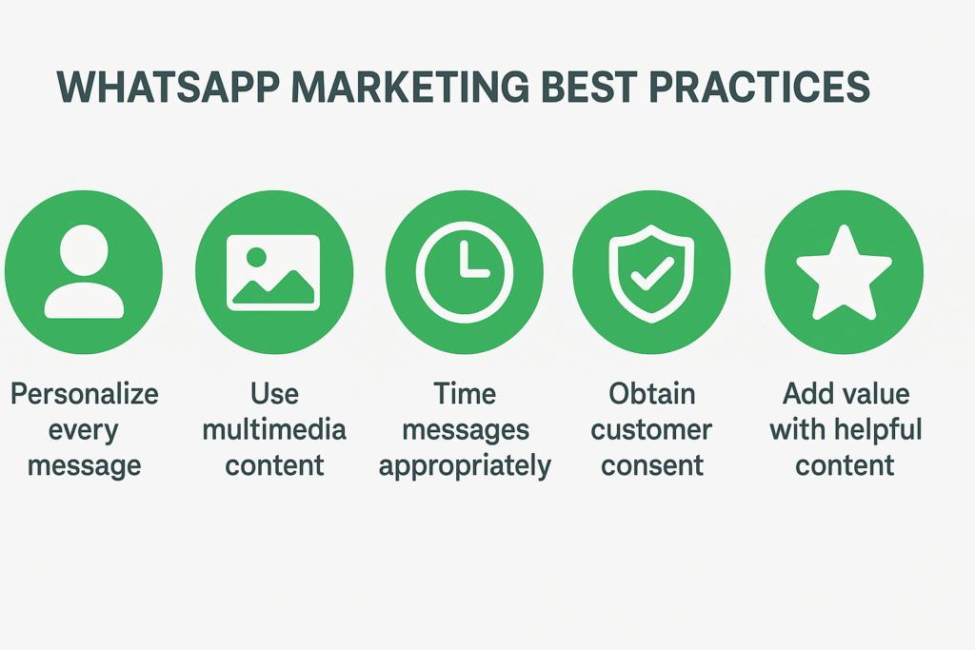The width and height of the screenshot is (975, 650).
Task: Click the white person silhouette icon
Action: point(84,272)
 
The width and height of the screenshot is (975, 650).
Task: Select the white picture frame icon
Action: point(273,272)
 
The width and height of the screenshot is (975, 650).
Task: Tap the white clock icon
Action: point(465,272)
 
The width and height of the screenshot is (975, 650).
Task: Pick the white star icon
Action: point(844,272)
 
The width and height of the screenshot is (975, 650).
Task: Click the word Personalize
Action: point(84,395)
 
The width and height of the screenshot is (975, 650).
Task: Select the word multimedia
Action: point(274,430)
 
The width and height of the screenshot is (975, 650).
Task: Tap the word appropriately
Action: point(465,467)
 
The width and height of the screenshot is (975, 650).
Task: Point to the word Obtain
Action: point(653,394)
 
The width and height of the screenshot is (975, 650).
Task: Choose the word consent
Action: point(653,465)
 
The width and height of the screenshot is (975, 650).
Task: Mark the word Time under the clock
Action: point(465,394)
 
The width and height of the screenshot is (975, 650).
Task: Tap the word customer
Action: point(653,430)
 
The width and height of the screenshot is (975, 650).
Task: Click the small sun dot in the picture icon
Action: point(255,257)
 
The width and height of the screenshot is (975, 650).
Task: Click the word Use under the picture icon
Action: point(274,394)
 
